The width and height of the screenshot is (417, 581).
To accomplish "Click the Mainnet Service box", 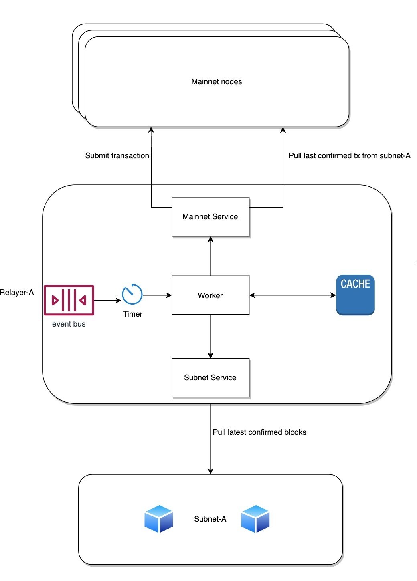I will (x=210, y=217).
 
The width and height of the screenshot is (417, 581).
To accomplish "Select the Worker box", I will (x=210, y=295).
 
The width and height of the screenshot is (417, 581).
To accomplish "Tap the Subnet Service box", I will (x=210, y=377).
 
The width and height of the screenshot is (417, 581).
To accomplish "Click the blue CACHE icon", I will (x=355, y=295).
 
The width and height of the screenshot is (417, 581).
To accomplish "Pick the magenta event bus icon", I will (x=69, y=300).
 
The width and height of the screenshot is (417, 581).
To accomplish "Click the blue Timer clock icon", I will (x=132, y=295).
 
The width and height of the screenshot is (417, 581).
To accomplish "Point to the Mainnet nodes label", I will (x=217, y=82).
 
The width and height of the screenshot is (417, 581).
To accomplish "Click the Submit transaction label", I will (x=117, y=156).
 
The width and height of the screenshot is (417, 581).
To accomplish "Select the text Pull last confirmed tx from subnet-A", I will (x=349, y=156).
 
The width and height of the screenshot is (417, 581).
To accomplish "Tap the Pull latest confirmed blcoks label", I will (x=259, y=432).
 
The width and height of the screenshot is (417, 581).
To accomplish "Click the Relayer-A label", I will (x=17, y=293).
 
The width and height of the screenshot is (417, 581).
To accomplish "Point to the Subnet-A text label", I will (x=210, y=519).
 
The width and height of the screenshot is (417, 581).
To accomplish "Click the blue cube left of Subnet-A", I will (x=159, y=519).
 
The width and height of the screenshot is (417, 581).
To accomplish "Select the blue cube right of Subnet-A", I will (x=255, y=519).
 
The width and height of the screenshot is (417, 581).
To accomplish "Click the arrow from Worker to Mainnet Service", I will (x=211, y=256).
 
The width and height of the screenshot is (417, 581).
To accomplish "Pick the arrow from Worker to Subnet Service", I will (x=211, y=337).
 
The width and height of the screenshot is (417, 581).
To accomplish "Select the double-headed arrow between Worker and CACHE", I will (x=293, y=295).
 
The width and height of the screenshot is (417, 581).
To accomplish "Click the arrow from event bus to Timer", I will (x=107, y=300).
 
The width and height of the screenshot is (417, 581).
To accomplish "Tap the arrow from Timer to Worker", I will (x=157, y=295).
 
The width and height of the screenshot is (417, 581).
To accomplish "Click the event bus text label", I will (x=69, y=324).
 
